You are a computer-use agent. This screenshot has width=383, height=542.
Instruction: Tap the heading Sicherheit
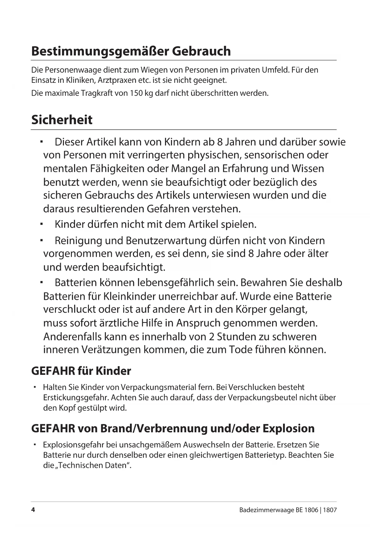pos(62,120)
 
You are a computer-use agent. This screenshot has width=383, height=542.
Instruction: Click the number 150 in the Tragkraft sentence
pos(136,93)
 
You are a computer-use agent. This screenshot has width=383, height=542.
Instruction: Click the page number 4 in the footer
pos(33,510)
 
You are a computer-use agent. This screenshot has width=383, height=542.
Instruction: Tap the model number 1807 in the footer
pos(330,510)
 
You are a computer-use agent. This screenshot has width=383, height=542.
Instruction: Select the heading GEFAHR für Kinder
pos(81,371)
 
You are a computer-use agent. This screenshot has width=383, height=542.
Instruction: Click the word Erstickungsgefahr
pos(76,397)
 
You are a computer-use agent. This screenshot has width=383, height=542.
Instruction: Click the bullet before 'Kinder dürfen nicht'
pos(40,223)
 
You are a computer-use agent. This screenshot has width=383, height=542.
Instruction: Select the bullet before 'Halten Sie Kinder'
pos(35,387)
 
